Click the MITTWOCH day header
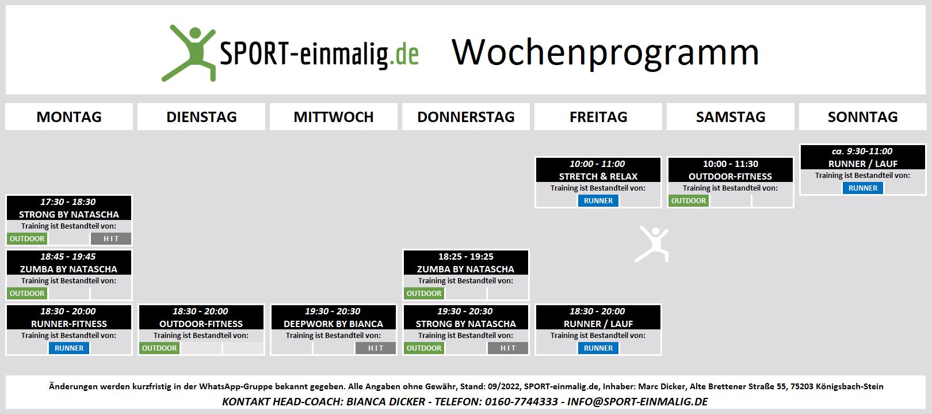(x=333, y=117)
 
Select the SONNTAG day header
(x=862, y=117)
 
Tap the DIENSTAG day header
(x=201, y=117)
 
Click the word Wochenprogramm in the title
(x=605, y=54)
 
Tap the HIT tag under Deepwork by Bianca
(x=375, y=348)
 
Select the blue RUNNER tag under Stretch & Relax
(x=598, y=201)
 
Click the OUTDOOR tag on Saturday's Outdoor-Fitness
(x=689, y=201)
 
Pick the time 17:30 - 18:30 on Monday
(x=68, y=202)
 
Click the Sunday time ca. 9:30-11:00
(x=862, y=151)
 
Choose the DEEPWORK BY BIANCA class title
(x=333, y=324)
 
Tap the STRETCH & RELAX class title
(x=598, y=176)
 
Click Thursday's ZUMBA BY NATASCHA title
(x=465, y=269)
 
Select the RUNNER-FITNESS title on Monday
(x=68, y=324)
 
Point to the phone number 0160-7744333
(x=521, y=401)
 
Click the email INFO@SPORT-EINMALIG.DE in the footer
(x=637, y=401)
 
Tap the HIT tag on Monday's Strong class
(x=110, y=238)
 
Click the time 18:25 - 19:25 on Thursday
(x=465, y=257)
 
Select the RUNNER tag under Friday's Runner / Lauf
(x=598, y=348)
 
